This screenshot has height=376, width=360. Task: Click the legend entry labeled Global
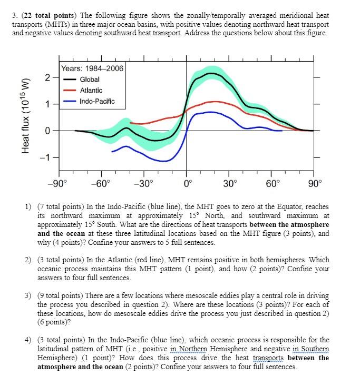point(90,79)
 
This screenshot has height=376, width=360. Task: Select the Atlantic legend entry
point(91,90)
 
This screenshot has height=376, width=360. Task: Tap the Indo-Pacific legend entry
point(97,101)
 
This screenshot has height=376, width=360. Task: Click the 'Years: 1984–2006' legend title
point(92,68)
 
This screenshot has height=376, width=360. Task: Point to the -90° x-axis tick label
point(59,184)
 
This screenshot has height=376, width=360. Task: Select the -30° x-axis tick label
point(144,184)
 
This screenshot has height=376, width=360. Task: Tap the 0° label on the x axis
point(187,184)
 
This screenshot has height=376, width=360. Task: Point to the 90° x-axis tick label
point(315,184)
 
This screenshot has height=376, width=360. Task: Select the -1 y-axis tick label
point(46,158)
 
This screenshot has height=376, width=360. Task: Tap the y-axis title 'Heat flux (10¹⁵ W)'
point(24,115)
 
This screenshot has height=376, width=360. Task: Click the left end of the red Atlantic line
point(130,123)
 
